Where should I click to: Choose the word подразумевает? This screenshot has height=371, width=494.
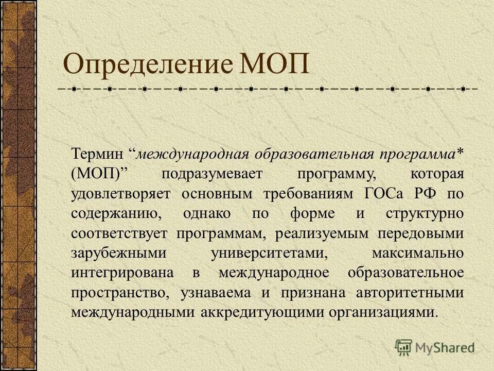pyautogui.click(x=212, y=174)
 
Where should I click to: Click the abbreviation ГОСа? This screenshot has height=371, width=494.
pyautogui.click(x=387, y=193)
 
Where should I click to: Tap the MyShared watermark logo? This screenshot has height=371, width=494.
pyautogui.click(x=435, y=347)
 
